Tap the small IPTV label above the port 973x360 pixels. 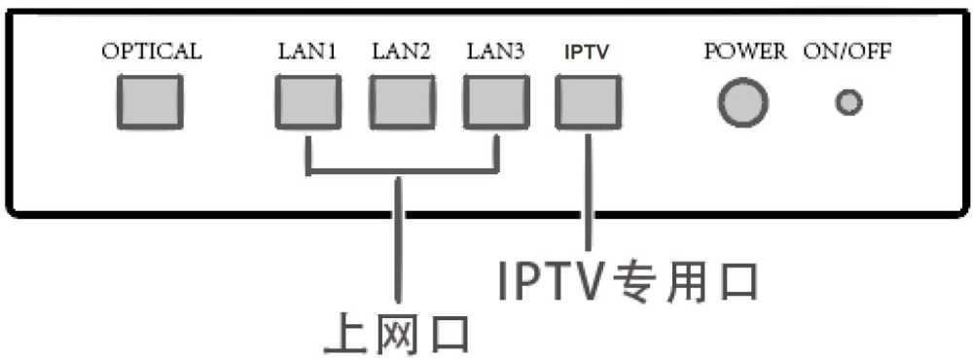point(587,54)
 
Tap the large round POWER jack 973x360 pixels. point(743,102)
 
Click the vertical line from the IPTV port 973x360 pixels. point(588,195)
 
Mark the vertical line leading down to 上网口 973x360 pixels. point(399,243)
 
